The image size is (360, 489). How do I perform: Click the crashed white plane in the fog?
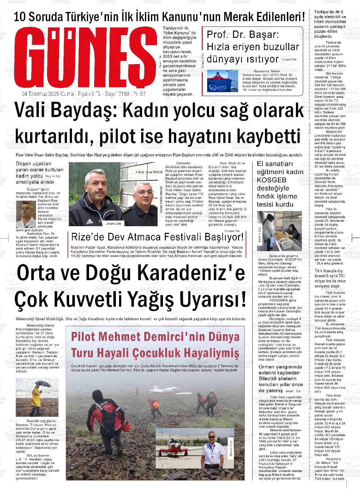click(x=164, y=388)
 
